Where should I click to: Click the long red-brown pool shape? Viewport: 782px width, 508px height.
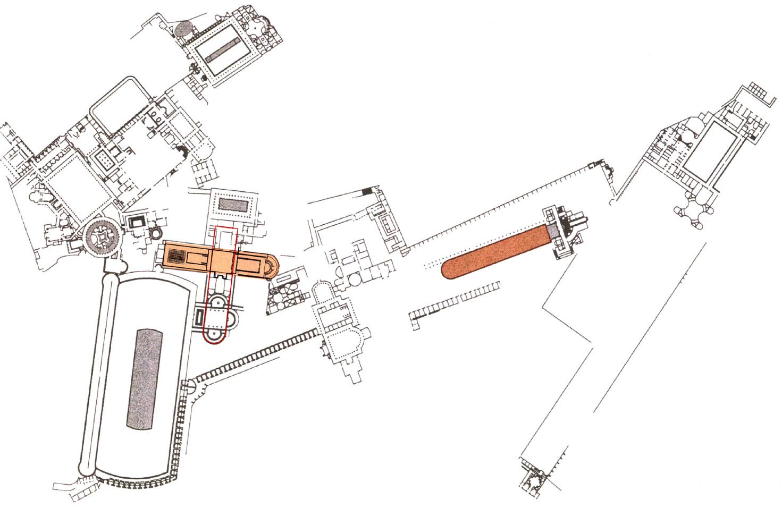tap(494, 252)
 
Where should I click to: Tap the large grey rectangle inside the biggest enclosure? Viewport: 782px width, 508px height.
tap(145, 378)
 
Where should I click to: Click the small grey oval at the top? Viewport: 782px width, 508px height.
tap(186, 29)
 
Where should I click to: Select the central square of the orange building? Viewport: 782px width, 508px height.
tap(223, 259)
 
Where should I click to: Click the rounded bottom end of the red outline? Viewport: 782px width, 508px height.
tap(215, 337)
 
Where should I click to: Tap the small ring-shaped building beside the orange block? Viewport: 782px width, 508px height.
tap(156, 233)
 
